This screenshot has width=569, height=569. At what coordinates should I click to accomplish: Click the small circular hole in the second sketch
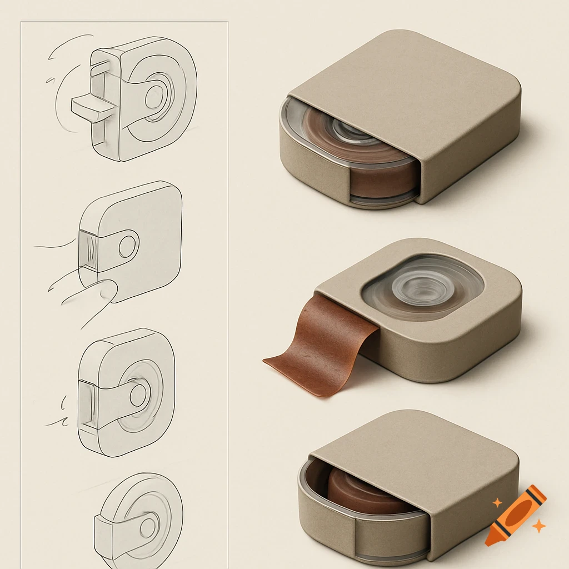127,246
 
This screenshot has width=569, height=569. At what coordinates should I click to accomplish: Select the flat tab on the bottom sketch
114,531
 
